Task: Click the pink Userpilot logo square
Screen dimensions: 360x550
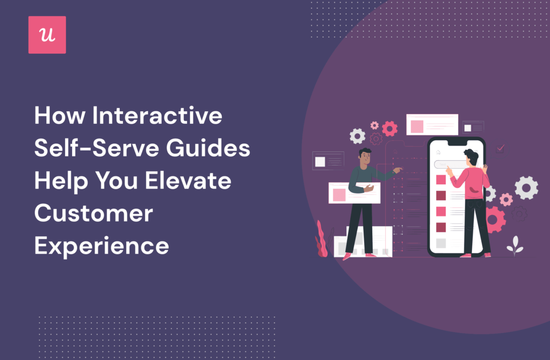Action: pyautogui.click(x=47, y=35)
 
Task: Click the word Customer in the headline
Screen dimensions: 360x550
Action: pyautogui.click(x=93, y=213)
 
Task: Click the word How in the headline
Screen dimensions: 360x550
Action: pyautogui.click(x=57, y=116)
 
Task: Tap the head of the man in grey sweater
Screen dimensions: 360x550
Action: pyautogui.click(x=365, y=157)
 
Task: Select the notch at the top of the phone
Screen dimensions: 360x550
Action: pyautogui.click(x=457, y=142)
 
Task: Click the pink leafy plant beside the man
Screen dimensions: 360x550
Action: pyautogui.click(x=321, y=240)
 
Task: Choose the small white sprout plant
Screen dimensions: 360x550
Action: pyautogui.click(x=515, y=245)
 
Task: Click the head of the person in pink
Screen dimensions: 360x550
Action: pyautogui.click(x=471, y=157)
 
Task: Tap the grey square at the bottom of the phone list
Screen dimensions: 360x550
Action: pyautogui.click(x=441, y=243)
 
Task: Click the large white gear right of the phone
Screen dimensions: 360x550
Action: pyautogui.click(x=526, y=188)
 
